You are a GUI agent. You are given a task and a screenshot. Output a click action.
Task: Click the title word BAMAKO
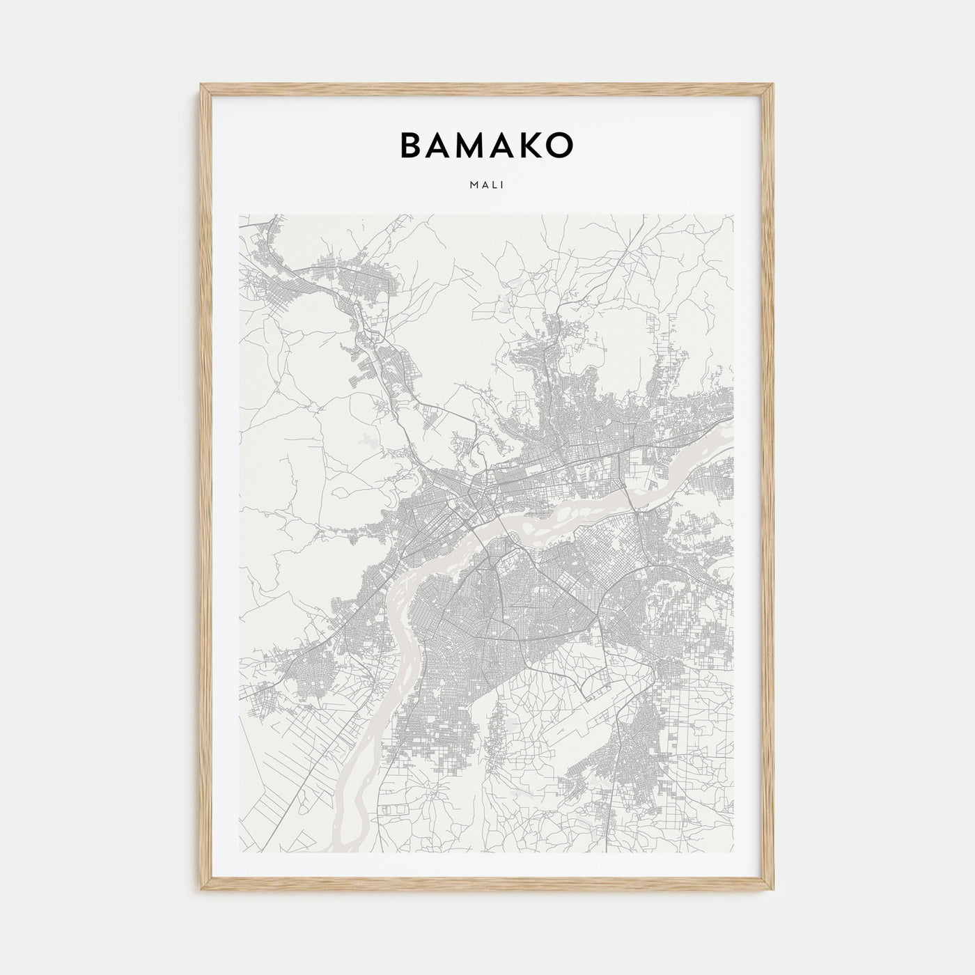click(x=486, y=145)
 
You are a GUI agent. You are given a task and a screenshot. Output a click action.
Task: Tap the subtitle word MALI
click(x=487, y=185)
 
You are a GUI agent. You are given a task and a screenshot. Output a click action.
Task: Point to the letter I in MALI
click(x=502, y=185)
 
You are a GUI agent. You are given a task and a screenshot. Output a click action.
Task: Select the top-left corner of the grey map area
click(x=240, y=215)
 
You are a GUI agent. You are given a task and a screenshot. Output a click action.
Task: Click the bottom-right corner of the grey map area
click(x=733, y=854)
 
